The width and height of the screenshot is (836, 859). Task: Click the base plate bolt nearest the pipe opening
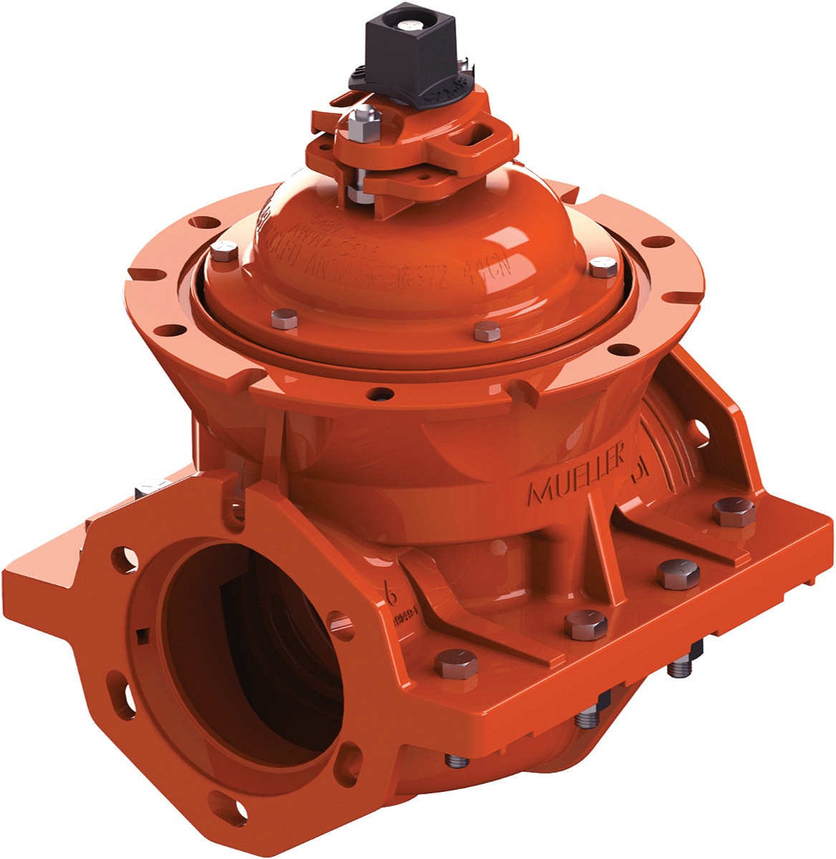tap(456, 665)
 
